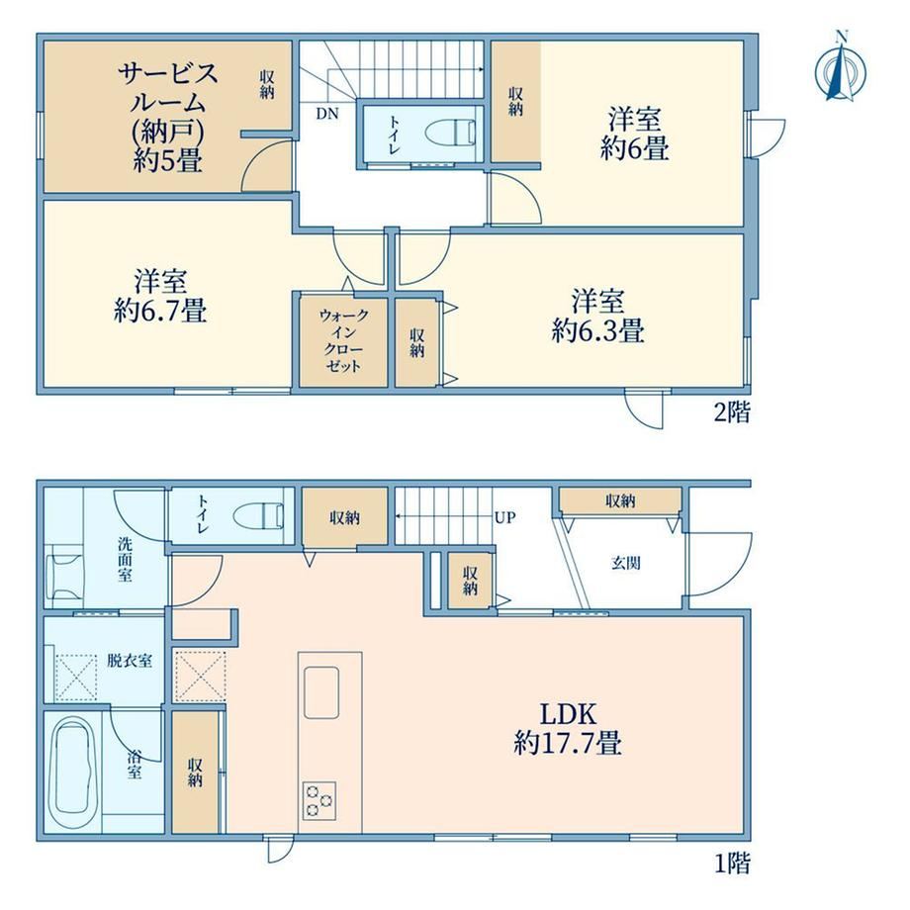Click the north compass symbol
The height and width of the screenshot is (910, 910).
point(841,68)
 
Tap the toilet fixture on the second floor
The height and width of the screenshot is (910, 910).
point(450,133)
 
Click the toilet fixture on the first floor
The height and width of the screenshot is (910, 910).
point(258,515)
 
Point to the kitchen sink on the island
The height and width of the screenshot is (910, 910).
point(321,691)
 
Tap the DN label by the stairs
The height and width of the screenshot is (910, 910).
point(327,114)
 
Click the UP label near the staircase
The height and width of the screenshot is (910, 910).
point(504,517)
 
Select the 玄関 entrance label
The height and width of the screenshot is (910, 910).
point(625,563)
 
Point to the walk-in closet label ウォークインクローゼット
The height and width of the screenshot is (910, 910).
point(343,340)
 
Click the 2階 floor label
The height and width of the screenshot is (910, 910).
point(731,412)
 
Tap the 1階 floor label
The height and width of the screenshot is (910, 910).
point(731,863)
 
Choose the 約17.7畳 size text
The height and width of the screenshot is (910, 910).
point(568,743)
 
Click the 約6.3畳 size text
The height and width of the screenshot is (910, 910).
point(597,331)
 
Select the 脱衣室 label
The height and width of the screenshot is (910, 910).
point(130,661)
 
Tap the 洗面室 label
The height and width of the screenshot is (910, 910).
point(125,560)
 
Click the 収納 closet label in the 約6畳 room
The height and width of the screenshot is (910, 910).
point(515,102)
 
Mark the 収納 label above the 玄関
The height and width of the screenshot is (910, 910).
point(620,500)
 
